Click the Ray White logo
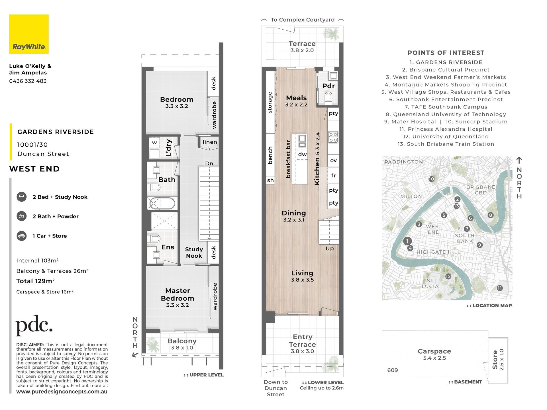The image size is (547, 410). pyautogui.click(x=29, y=34)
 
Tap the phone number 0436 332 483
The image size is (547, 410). pyautogui.click(x=28, y=81)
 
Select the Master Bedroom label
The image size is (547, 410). pyautogui.click(x=177, y=294)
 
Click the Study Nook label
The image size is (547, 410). pyautogui.click(x=194, y=253)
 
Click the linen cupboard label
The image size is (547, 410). pyautogui.click(x=210, y=142)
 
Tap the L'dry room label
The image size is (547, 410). pyautogui.click(x=169, y=148)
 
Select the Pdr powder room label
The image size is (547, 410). pyautogui.click(x=328, y=86)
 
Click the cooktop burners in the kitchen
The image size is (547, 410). pyautogui.click(x=333, y=137)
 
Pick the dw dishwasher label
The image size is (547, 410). pyautogui.click(x=303, y=154)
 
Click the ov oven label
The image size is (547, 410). pyautogui.click(x=333, y=161)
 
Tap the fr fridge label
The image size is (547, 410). pyautogui.click(x=334, y=176)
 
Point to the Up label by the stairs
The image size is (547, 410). pyautogui.click(x=330, y=249)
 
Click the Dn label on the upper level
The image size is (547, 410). pyautogui.click(x=209, y=163)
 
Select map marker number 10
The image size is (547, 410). pyautogui.click(x=432, y=179)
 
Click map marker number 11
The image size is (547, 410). pyautogui.click(x=500, y=288)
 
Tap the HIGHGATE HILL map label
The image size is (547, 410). pyautogui.click(x=438, y=252)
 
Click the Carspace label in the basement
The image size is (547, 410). pyautogui.click(x=434, y=351)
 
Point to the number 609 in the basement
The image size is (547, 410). pyautogui.click(x=393, y=370)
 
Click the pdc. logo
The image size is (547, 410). pyautogui.click(x=34, y=325)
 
